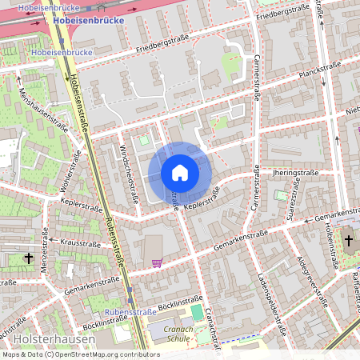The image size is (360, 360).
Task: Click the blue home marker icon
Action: point(179,173)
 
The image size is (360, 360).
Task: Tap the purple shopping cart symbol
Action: point(156,262)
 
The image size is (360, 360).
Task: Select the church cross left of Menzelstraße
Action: point(30,258)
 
